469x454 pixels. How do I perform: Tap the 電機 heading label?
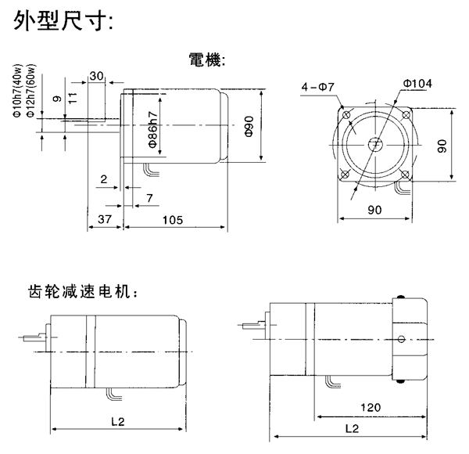pos(207,60)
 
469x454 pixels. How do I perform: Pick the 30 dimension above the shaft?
pos(97,76)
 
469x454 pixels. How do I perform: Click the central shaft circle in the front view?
pos(375,144)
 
